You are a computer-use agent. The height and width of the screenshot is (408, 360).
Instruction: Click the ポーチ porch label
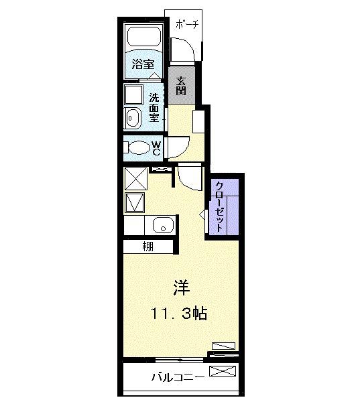(x=185, y=25)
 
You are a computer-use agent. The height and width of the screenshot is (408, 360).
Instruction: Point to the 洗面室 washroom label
(x=154, y=106)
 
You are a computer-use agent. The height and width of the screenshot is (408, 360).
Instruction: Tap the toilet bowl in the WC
(x=138, y=148)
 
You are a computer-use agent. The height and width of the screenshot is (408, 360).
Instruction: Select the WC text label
(x=156, y=148)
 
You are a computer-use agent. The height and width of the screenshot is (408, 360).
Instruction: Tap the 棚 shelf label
(x=147, y=246)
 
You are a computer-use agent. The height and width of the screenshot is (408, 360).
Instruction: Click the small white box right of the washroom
(x=198, y=122)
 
